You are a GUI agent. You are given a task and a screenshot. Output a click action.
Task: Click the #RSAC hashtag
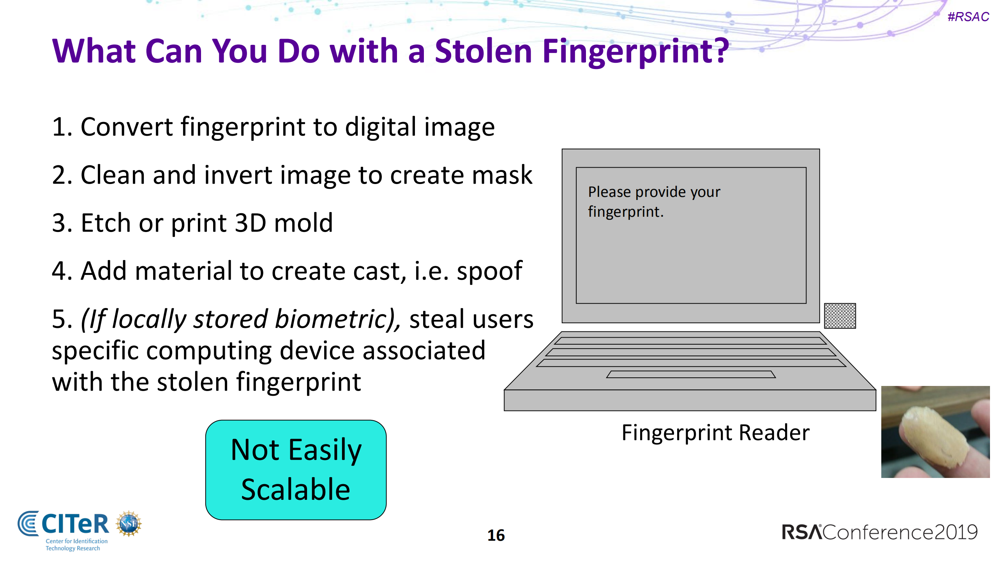[968, 17]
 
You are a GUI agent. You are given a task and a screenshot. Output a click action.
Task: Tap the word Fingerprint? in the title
[635, 52]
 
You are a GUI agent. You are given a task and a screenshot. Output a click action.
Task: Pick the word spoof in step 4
[489, 271]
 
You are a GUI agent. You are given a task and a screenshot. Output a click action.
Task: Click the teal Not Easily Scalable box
[296, 470]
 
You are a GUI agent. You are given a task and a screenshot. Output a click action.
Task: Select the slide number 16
[496, 535]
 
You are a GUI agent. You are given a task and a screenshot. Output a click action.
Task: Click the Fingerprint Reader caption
[715, 433]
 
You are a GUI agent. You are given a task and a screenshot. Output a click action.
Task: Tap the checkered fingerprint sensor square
[840, 316]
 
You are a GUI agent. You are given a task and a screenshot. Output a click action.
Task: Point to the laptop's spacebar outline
[690, 375]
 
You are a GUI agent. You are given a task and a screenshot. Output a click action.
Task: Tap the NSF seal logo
[129, 524]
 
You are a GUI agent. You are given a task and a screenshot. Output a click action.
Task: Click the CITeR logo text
[75, 524]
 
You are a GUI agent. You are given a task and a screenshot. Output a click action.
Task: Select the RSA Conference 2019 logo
[879, 532]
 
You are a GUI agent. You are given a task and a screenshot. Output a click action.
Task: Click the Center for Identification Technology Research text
[76, 545]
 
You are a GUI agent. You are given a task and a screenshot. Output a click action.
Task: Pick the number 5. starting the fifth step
[62, 319]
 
